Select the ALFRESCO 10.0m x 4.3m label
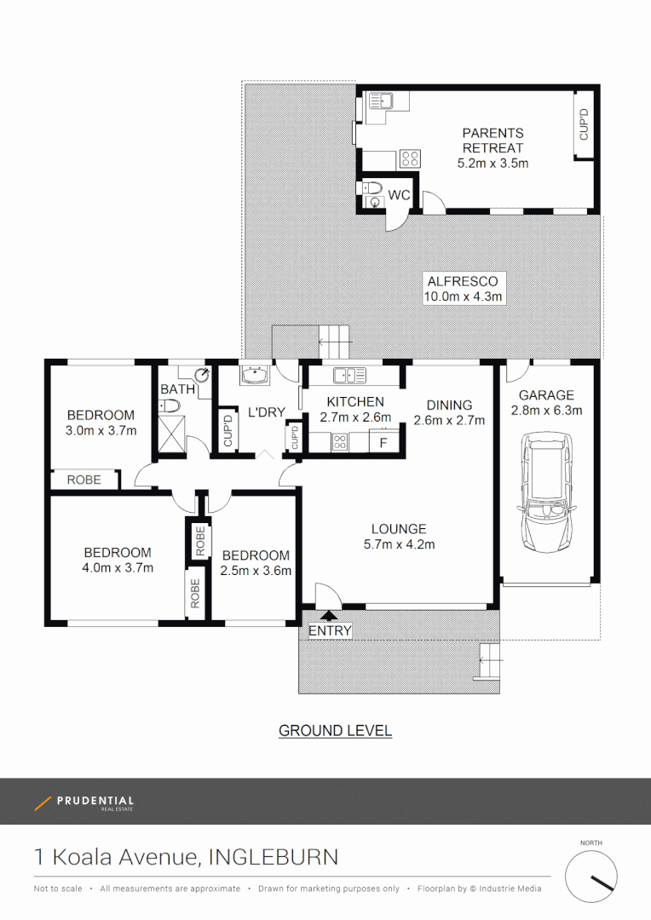(463, 289)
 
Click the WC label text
(400, 196)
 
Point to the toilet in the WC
(372, 193)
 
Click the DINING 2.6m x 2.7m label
(448, 412)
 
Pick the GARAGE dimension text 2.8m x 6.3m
(546, 411)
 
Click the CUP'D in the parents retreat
(584, 125)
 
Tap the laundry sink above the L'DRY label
(253, 376)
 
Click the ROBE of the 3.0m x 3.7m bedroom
(84, 480)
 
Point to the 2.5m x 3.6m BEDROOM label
(256, 563)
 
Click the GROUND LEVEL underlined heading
(335, 731)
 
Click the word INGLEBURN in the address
(273, 856)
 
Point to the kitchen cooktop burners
(338, 441)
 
